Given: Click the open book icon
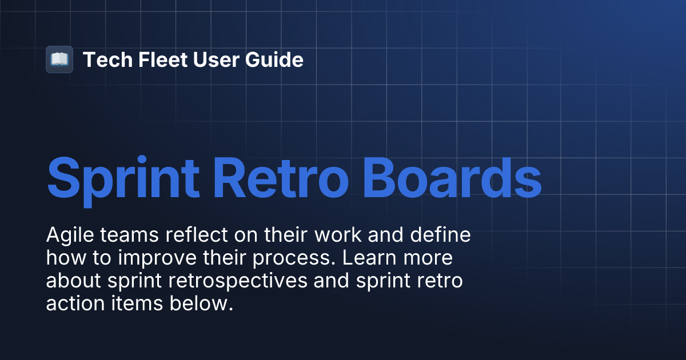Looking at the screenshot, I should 59,59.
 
